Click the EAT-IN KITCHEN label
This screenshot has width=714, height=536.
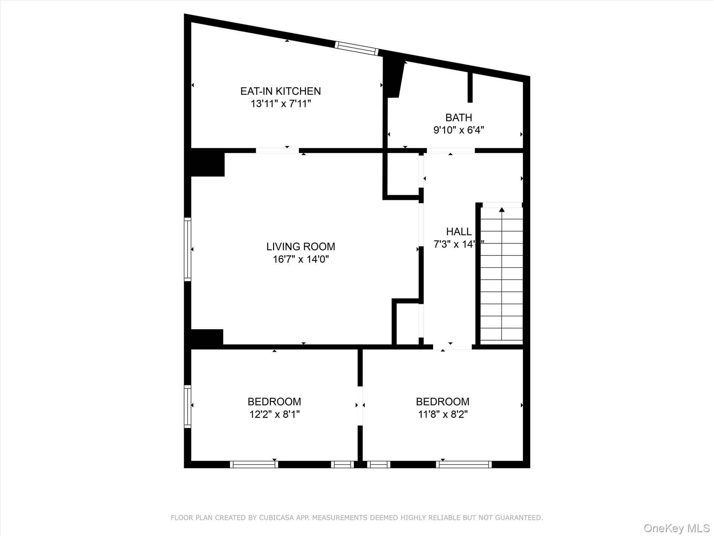click(x=280, y=91)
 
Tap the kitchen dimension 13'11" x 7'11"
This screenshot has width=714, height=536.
click(x=280, y=104)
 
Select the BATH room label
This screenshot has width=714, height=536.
click(x=458, y=117)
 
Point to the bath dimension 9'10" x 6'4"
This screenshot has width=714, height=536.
click(x=458, y=130)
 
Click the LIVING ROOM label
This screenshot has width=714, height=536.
click(x=301, y=246)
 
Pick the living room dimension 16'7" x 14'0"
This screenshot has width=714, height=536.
click(x=301, y=259)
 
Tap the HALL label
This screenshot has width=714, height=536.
click(x=459, y=231)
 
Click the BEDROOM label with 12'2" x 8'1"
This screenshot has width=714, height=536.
click(x=274, y=401)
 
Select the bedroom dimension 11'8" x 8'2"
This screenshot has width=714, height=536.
click(x=442, y=414)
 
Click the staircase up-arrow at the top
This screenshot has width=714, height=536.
click(x=502, y=210)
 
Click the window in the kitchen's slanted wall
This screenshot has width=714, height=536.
click(x=357, y=49)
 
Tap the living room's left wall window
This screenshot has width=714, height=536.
click(x=188, y=249)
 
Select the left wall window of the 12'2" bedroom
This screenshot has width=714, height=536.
click(x=188, y=406)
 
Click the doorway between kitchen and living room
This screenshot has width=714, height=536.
click(x=277, y=150)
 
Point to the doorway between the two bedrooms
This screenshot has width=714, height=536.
click(x=360, y=406)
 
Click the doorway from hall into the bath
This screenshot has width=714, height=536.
click(x=450, y=150)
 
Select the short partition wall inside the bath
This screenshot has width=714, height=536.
click(x=470, y=88)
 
